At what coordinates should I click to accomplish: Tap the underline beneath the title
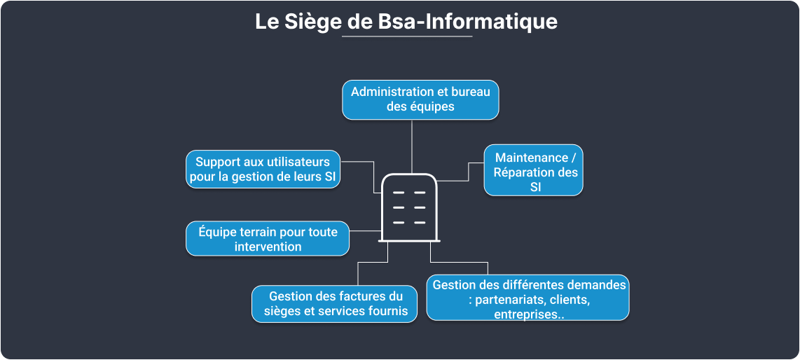pyautogui.click(x=407, y=36)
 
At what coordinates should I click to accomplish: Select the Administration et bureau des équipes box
pyautogui.click(x=420, y=99)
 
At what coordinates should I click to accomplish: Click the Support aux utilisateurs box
pyautogui.click(x=263, y=169)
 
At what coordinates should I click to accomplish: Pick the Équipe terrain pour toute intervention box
pyautogui.click(x=268, y=239)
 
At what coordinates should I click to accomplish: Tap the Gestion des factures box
pyautogui.click(x=336, y=304)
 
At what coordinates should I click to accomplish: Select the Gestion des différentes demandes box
pyautogui.click(x=528, y=298)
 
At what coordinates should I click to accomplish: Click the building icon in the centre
pyautogui.click(x=410, y=207)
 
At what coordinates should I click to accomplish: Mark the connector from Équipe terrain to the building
pyautogui.click(x=364, y=230)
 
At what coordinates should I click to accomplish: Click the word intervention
pyautogui.click(x=268, y=247)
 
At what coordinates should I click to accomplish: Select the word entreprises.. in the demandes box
pyautogui.click(x=529, y=314)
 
